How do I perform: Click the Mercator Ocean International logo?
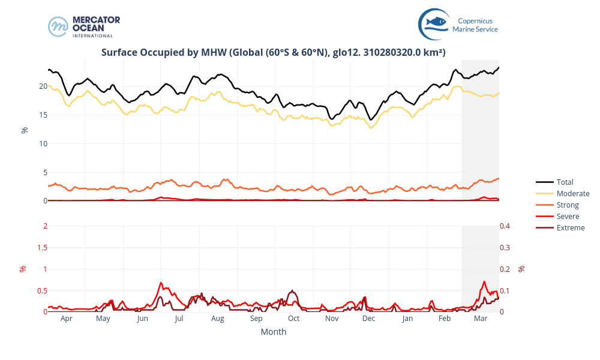(x=84, y=26)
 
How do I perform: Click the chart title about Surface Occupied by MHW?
(x=273, y=52)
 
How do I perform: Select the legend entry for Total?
(x=565, y=182)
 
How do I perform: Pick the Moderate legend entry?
(x=572, y=193)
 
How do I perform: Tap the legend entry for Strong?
(x=568, y=205)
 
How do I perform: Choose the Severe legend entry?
(x=568, y=216)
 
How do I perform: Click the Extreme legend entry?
(x=570, y=227)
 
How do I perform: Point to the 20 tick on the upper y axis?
(x=43, y=86)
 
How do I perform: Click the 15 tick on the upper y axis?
(x=43, y=115)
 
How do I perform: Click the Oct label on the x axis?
(x=294, y=319)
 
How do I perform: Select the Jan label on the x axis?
(x=407, y=319)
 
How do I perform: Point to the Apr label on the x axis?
(x=66, y=319)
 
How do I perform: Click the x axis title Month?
(x=273, y=332)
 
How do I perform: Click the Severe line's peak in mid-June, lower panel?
(x=161, y=282)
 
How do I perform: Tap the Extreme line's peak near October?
(x=292, y=290)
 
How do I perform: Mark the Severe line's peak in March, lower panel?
(x=484, y=281)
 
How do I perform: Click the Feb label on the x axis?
(x=445, y=319)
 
